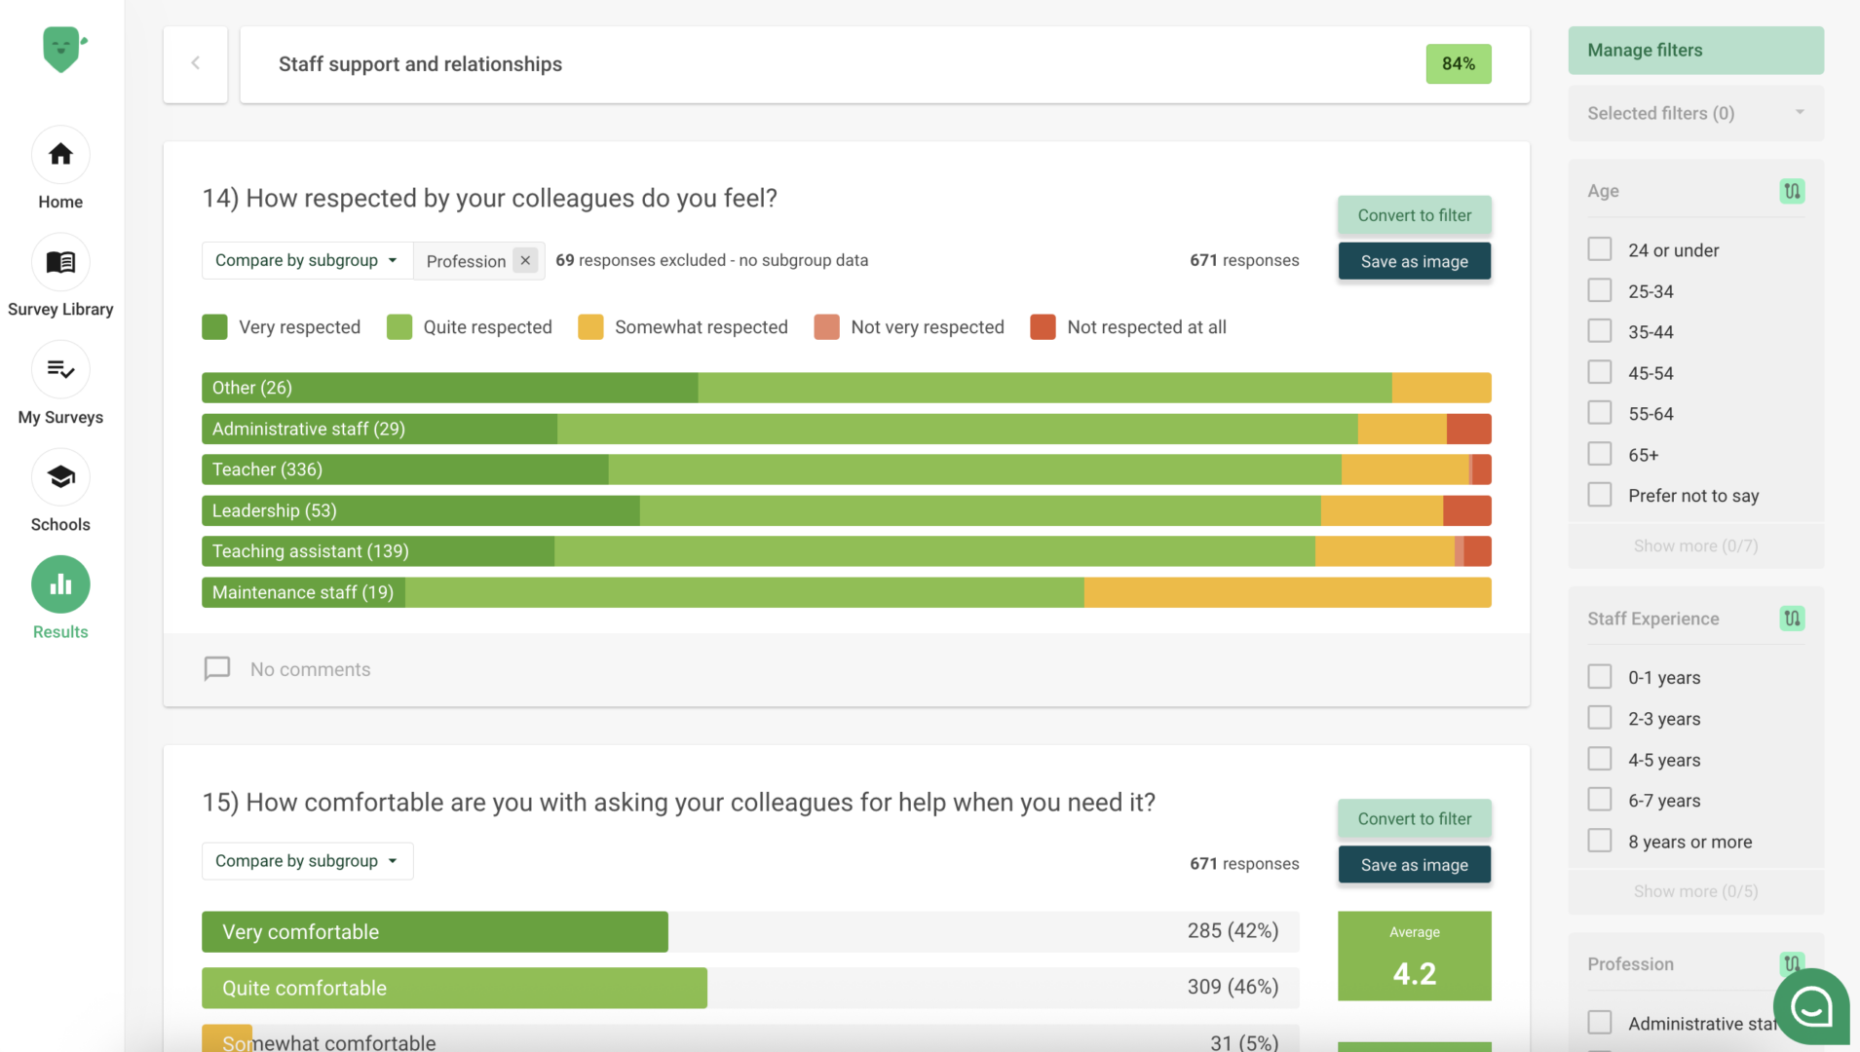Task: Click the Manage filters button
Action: point(1695,51)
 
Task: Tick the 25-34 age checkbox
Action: point(1600,290)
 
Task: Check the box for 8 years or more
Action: point(1600,841)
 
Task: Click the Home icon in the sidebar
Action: point(60,155)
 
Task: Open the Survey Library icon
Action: point(60,262)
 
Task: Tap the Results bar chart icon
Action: point(60,584)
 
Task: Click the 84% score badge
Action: point(1458,64)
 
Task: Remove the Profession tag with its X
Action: point(525,260)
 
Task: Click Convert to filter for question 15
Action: point(1414,819)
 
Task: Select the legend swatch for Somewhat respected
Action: point(590,327)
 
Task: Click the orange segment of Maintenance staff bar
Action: point(1286,592)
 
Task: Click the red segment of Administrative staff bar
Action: point(1468,429)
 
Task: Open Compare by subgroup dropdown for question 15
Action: point(307,861)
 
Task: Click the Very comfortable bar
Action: point(435,932)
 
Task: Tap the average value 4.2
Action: point(1414,973)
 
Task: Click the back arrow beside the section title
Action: point(196,64)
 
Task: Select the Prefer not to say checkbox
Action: point(1600,495)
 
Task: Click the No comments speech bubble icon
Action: point(217,668)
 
